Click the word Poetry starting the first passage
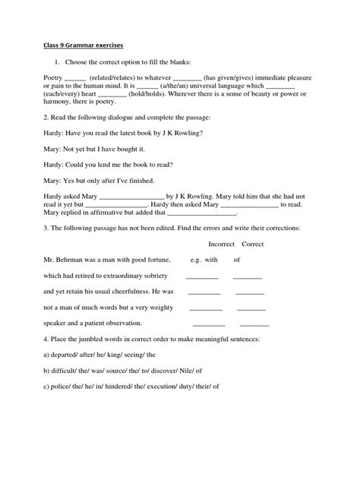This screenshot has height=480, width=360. [x=52, y=77]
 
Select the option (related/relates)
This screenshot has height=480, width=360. [x=115, y=77]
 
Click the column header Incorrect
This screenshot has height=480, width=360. [x=221, y=244]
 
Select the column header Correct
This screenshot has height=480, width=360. [x=252, y=244]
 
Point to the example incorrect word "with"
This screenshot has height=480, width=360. [x=210, y=260]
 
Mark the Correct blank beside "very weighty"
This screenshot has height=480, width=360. [x=252, y=309]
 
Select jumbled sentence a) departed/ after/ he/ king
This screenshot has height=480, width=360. [x=99, y=354]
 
